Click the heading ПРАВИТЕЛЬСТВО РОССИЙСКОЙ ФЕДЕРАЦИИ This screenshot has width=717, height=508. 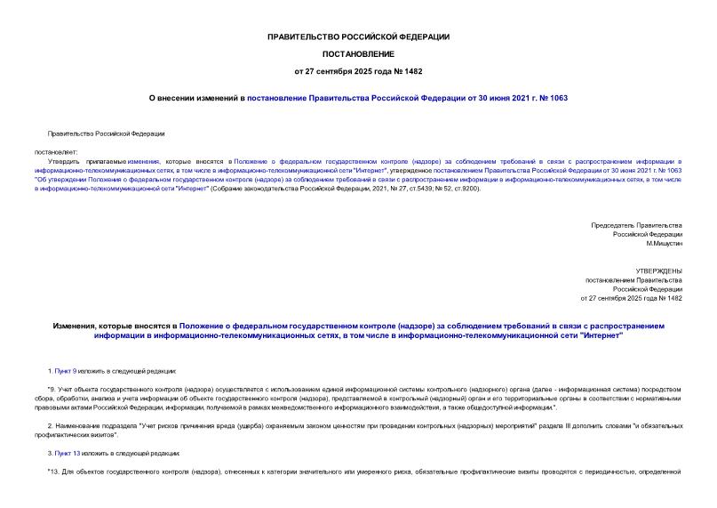click(358, 36)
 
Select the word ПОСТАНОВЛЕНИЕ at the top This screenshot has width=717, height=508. click(358, 53)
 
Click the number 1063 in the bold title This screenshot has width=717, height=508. click(558, 98)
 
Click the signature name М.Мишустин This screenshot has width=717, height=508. click(664, 244)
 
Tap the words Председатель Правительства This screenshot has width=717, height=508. click(636, 225)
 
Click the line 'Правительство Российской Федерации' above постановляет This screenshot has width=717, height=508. click(106, 133)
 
